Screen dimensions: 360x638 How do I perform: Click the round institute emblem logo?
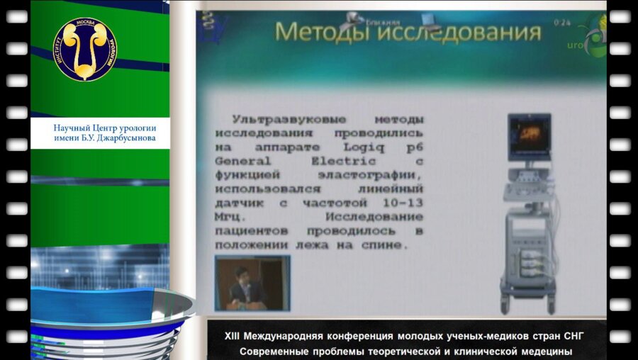[85, 49]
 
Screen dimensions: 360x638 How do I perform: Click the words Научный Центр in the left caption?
[83, 128]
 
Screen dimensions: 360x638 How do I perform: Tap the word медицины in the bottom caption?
[541, 351]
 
